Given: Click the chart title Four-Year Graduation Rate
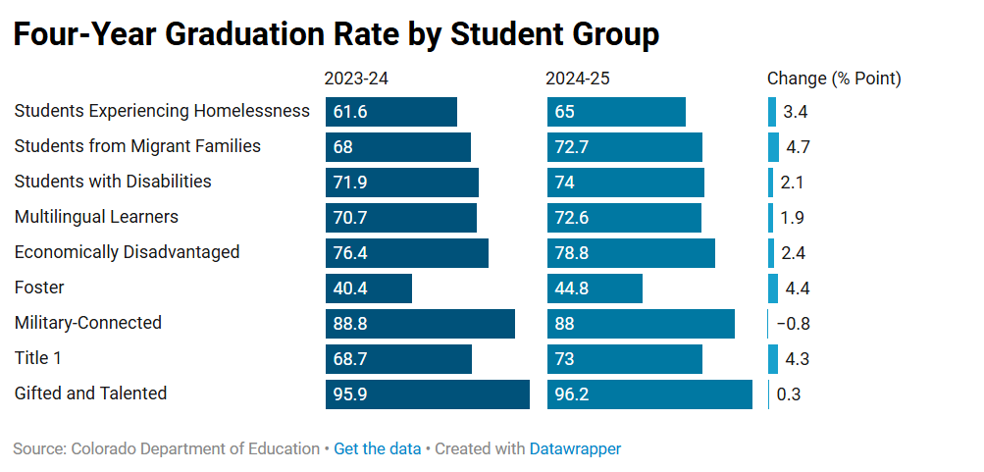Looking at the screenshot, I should [x=336, y=33].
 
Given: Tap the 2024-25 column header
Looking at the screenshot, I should [x=578, y=79].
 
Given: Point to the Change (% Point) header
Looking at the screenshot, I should [x=833, y=79].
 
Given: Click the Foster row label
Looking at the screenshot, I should [x=39, y=288].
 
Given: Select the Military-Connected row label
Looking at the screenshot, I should [x=87, y=323].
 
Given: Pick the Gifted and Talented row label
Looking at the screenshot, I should [x=90, y=393].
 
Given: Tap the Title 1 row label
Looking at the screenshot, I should [x=37, y=358].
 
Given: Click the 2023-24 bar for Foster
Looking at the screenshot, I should [x=369, y=288].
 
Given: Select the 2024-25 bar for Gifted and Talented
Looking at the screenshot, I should [x=649, y=394].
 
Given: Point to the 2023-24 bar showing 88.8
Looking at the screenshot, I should [x=420, y=324].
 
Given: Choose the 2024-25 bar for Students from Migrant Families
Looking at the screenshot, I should [x=625, y=147].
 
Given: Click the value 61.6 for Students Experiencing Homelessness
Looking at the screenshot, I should [x=350, y=112].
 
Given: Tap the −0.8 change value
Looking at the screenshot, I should [x=793, y=324].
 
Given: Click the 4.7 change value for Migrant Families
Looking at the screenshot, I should [x=795, y=147].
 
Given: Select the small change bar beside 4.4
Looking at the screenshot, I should [x=773, y=288].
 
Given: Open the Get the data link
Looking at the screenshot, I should [x=377, y=448].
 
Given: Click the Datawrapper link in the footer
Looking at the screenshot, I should [x=575, y=448].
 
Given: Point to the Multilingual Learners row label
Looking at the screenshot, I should [x=96, y=217].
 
